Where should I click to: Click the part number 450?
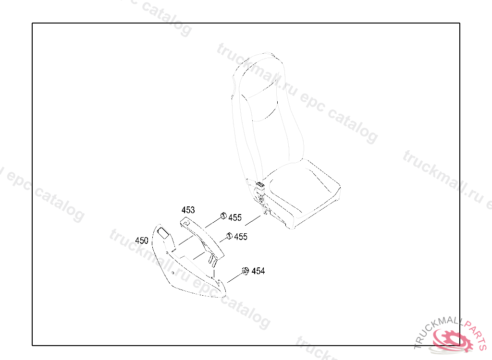[142, 240]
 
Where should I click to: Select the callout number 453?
[188, 210]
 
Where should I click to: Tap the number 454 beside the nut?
[258, 271]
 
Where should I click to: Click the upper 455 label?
[235, 218]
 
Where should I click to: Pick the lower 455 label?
[241, 237]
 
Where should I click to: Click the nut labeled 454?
[244, 271]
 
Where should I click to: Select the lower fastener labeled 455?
[229, 235]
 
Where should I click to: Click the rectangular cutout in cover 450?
[163, 233]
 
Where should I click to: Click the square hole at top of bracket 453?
[185, 222]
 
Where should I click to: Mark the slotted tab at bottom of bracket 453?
[211, 260]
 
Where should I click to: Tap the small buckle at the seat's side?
[260, 184]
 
